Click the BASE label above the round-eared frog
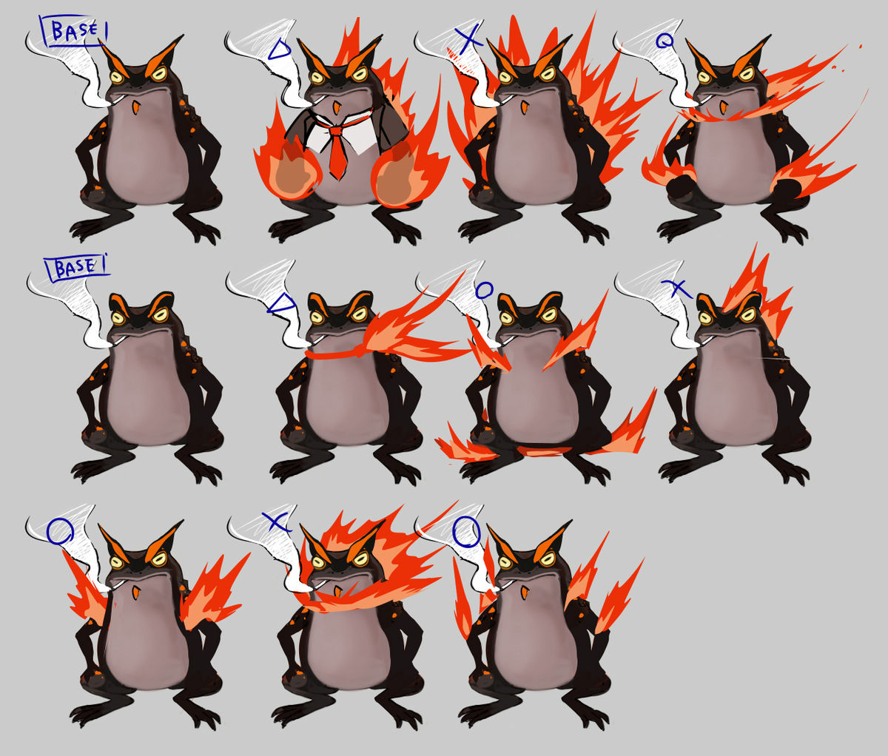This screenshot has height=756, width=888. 76,268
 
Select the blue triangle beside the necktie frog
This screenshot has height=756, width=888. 280,50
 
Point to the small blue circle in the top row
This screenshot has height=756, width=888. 665,41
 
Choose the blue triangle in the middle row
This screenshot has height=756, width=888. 282,303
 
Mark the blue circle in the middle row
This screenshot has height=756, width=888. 485,290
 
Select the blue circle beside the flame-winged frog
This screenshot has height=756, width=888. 60,531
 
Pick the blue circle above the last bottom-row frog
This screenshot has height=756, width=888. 466,532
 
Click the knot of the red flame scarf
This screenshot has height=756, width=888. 357,352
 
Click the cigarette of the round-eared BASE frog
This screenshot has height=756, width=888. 118,340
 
